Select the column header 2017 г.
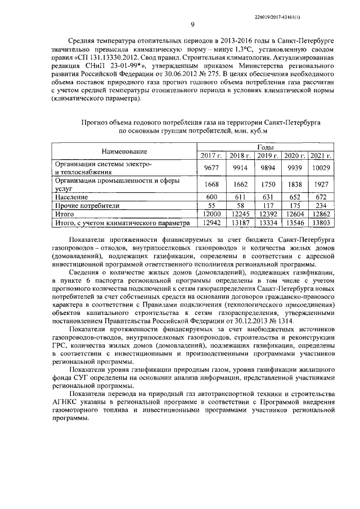point(209,155)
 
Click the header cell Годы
point(265,146)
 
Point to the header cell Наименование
point(124,151)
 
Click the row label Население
point(71,197)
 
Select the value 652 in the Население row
point(294,197)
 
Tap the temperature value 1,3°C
point(237,49)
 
